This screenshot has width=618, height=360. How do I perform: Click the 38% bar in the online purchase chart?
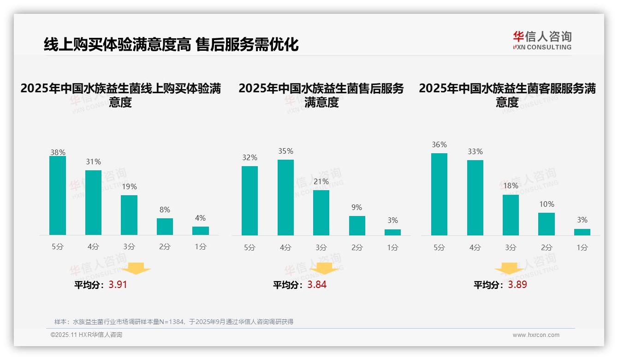(58, 195)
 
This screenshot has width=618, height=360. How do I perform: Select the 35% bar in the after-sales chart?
(285, 197)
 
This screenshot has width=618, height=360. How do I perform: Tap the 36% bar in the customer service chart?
(439, 194)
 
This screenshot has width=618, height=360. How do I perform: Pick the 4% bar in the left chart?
(201, 230)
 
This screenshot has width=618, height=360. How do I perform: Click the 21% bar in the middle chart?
(321, 212)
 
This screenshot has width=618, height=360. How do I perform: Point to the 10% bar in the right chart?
(547, 224)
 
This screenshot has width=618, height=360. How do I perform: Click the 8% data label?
(165, 210)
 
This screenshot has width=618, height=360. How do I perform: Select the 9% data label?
(357, 208)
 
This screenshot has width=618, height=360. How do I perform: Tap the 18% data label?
(511, 186)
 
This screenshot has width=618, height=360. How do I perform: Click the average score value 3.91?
(118, 285)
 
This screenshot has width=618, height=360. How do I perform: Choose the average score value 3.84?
(317, 285)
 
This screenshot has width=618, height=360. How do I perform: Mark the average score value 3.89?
(517, 285)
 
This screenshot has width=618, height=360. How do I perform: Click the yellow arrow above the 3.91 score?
(137, 268)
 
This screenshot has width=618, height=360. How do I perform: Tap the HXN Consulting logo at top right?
(542, 41)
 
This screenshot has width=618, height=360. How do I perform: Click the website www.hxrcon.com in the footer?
(536, 335)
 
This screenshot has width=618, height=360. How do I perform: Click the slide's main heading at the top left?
(171, 44)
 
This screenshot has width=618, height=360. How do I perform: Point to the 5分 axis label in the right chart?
(439, 247)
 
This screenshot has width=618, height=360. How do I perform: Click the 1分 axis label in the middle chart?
(392, 247)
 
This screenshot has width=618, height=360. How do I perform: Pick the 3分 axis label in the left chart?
(129, 247)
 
